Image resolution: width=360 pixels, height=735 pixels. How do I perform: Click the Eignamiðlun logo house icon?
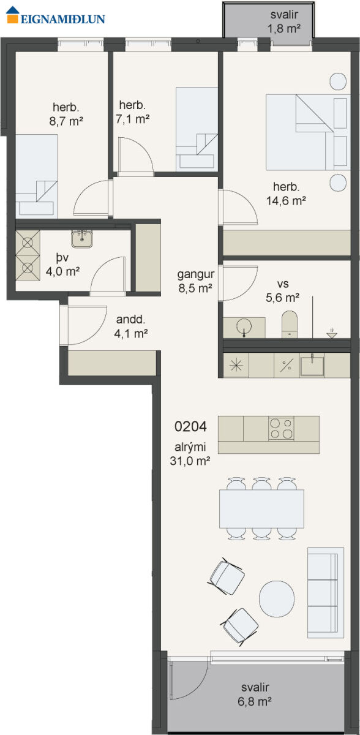(x=13, y=15)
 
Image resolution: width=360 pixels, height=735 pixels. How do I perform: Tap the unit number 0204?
(x=190, y=426)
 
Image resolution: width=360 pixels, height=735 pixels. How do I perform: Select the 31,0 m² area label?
(x=190, y=461)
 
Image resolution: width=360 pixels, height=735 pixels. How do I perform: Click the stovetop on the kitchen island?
(x=281, y=428)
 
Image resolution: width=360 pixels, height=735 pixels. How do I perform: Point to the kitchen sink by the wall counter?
(x=312, y=365)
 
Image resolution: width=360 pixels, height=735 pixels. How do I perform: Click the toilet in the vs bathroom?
(x=290, y=324)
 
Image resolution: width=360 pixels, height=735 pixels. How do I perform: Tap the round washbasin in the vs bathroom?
(x=244, y=326)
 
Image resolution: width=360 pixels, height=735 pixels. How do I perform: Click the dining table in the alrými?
(x=261, y=508)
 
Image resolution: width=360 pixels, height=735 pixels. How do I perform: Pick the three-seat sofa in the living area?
(x=326, y=593)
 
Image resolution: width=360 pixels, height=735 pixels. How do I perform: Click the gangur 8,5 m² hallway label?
(x=196, y=281)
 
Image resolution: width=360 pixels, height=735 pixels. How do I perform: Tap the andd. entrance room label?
(x=130, y=319)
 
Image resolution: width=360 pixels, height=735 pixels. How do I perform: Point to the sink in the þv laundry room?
(x=82, y=238)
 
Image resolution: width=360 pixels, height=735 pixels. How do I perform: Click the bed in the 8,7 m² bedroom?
(x=37, y=176)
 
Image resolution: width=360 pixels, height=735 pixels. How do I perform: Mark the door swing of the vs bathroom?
(x=240, y=283)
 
